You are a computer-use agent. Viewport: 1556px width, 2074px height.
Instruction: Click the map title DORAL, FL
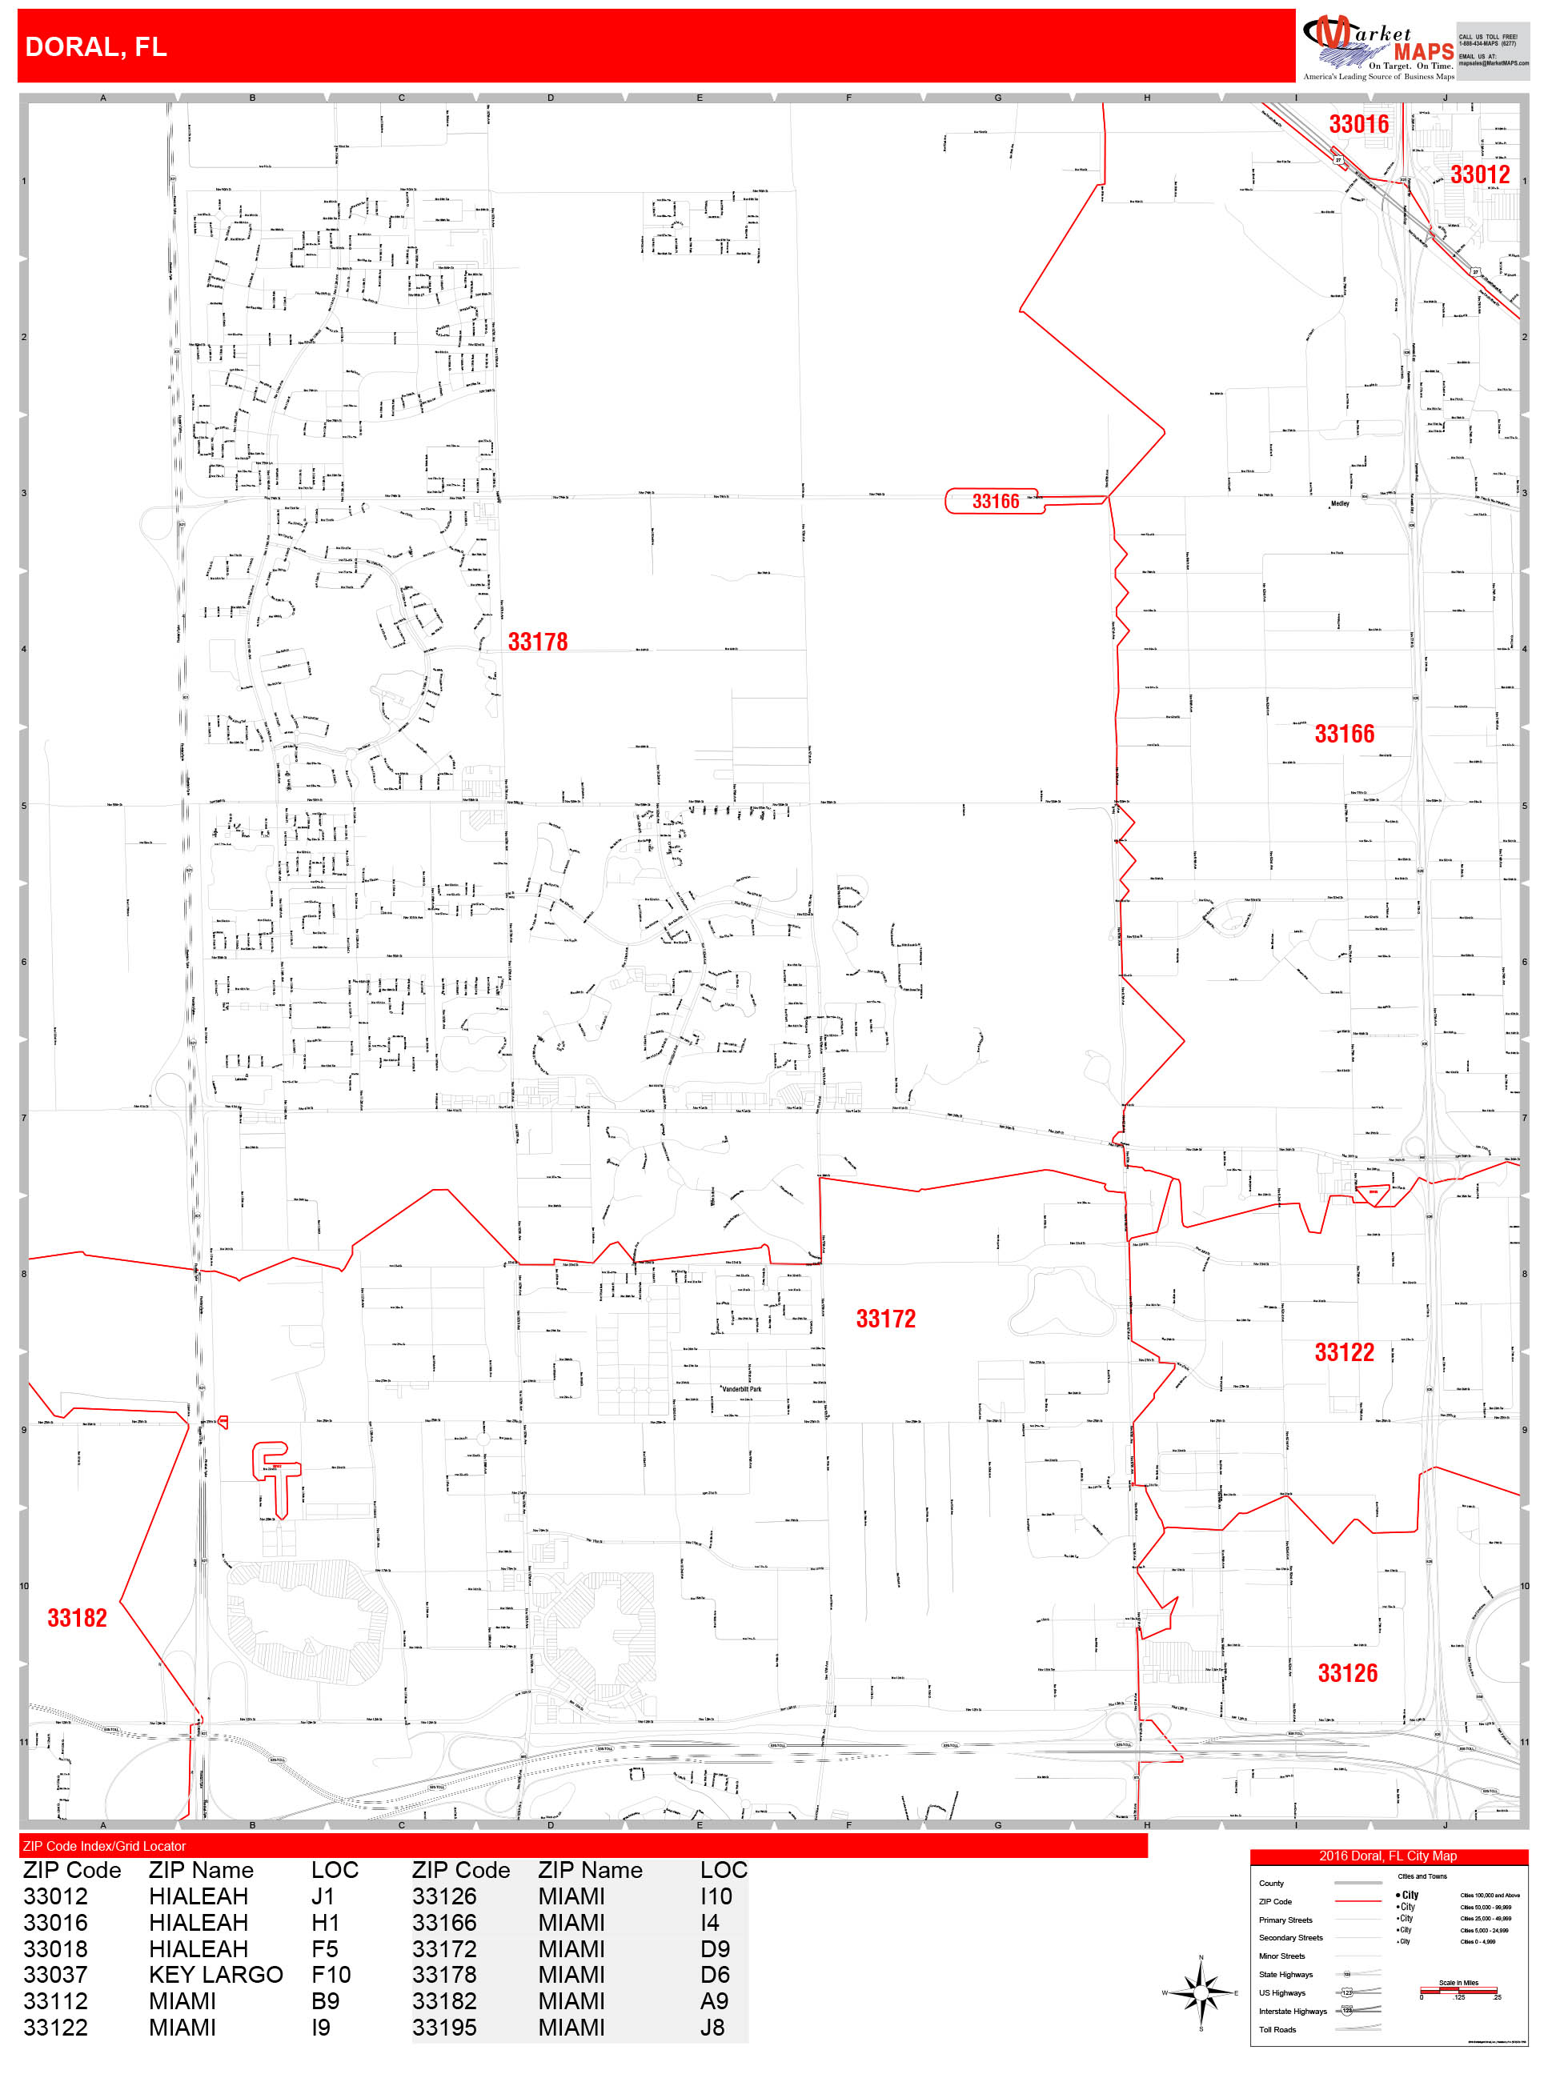(x=96, y=47)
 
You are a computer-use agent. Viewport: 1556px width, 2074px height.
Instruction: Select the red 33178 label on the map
(x=537, y=643)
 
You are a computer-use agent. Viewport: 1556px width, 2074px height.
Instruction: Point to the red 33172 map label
(x=885, y=1319)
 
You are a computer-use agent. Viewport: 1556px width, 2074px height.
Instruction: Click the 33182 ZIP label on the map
(x=77, y=1619)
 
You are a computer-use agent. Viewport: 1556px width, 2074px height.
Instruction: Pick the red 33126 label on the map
(x=1347, y=1674)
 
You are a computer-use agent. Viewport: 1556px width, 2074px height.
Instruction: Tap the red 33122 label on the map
(x=1343, y=1352)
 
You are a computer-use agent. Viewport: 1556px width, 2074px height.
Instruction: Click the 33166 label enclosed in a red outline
(x=995, y=502)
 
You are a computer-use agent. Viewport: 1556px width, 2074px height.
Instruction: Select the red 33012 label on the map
(x=1479, y=174)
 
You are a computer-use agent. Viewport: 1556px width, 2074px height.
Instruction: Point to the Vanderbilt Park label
(x=742, y=1390)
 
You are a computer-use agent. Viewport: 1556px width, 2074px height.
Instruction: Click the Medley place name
(x=1339, y=503)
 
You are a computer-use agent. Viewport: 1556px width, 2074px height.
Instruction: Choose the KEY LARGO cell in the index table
(x=216, y=1976)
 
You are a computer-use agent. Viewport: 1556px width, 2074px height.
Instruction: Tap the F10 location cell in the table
(x=331, y=1976)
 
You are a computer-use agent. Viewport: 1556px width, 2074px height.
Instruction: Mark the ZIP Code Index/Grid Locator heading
(x=104, y=1846)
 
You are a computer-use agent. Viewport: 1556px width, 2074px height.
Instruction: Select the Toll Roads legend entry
(x=1277, y=2030)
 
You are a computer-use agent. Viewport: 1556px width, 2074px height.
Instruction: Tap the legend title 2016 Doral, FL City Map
(x=1387, y=1856)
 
